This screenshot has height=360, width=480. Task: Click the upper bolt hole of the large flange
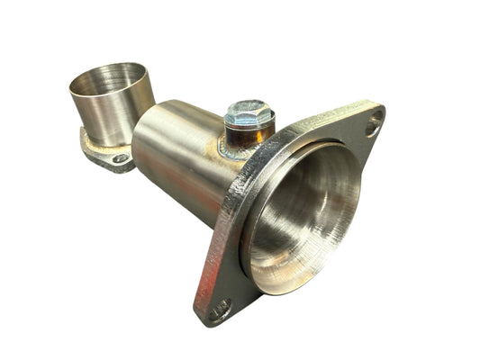[x=372, y=127]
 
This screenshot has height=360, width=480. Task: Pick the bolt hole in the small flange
[x=120, y=158]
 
